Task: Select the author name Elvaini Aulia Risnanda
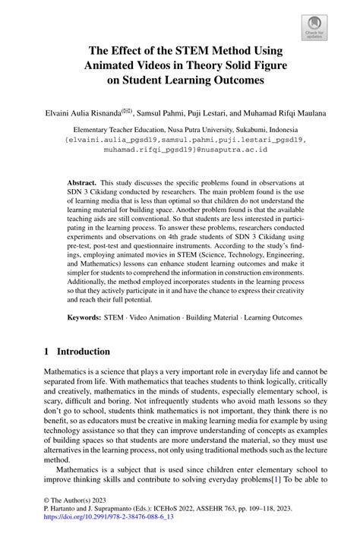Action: coord(74,113)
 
